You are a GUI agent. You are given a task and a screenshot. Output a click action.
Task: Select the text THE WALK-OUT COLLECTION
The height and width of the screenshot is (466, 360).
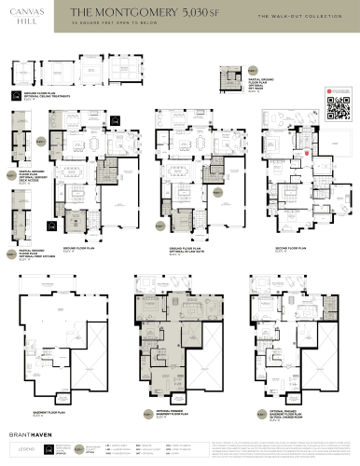coord(299,17)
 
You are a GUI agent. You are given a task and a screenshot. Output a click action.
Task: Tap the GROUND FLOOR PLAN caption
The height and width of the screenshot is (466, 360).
coord(76,250)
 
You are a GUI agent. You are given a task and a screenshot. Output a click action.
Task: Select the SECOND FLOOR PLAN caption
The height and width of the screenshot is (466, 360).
coord(291,250)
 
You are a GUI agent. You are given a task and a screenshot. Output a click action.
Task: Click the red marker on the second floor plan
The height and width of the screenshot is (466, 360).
coord(309,153)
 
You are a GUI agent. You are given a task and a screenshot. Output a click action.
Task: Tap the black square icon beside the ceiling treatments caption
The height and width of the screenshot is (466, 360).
coord(14,94)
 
